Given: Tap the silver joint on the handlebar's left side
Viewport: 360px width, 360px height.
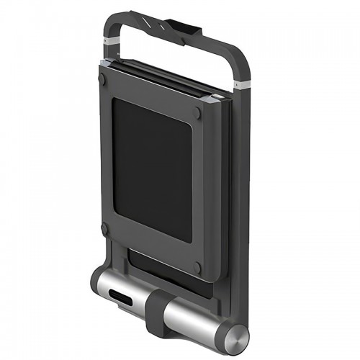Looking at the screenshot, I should coord(110,44).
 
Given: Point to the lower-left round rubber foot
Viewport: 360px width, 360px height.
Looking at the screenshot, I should coord(106,230).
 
